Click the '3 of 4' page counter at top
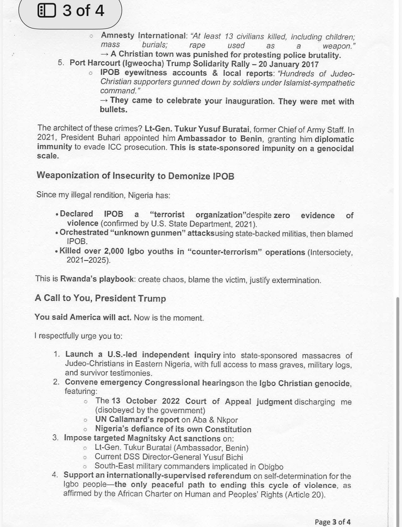coord(83,11)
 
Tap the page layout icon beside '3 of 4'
coord(46,11)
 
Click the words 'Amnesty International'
coord(143,35)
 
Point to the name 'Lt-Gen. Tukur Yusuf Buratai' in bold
coord(197,129)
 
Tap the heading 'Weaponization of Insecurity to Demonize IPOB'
coord(135,176)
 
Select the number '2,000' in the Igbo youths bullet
coord(114,251)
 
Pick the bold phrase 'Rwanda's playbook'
coord(97,279)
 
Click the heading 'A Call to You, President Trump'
coord(100,298)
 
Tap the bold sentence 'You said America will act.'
coord(83,317)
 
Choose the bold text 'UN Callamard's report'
coord(137,420)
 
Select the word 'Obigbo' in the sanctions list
coord(271,467)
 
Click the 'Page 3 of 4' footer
coord(332,522)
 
